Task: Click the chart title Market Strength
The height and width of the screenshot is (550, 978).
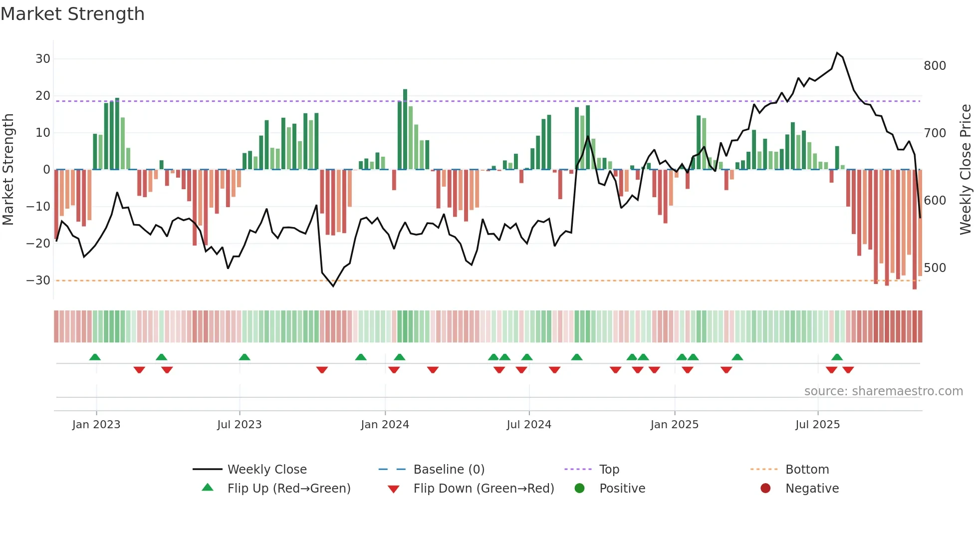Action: click(x=72, y=14)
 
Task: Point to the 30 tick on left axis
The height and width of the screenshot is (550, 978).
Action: click(x=43, y=59)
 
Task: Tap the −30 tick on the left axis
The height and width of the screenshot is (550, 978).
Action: click(x=38, y=280)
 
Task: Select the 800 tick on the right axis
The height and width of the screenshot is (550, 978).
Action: click(x=935, y=66)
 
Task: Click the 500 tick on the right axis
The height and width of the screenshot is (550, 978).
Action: click(x=935, y=268)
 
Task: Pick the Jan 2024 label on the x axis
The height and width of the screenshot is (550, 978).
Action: click(x=385, y=425)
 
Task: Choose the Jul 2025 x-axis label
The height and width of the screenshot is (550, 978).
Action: click(x=817, y=425)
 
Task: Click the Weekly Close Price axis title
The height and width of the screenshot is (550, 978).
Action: click(x=966, y=170)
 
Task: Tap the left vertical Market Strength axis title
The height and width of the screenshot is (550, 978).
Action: click(x=8, y=170)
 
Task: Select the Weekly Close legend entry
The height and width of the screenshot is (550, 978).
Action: click(x=267, y=470)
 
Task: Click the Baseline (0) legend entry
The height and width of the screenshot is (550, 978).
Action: click(x=449, y=470)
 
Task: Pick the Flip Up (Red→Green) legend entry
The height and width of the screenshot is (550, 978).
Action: click(x=289, y=489)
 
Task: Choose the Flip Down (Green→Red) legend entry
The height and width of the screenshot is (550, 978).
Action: click(x=484, y=489)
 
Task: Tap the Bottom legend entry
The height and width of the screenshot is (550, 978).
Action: click(x=807, y=470)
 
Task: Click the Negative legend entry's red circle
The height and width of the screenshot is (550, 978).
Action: click(x=765, y=488)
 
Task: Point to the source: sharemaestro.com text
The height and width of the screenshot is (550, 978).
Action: click(x=883, y=391)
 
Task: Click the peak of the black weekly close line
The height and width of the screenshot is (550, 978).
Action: click(x=837, y=53)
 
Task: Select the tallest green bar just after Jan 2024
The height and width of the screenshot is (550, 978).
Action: click(x=405, y=130)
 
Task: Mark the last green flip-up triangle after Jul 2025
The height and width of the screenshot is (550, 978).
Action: click(x=837, y=357)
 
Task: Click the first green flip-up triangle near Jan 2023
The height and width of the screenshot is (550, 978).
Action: click(x=95, y=357)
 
